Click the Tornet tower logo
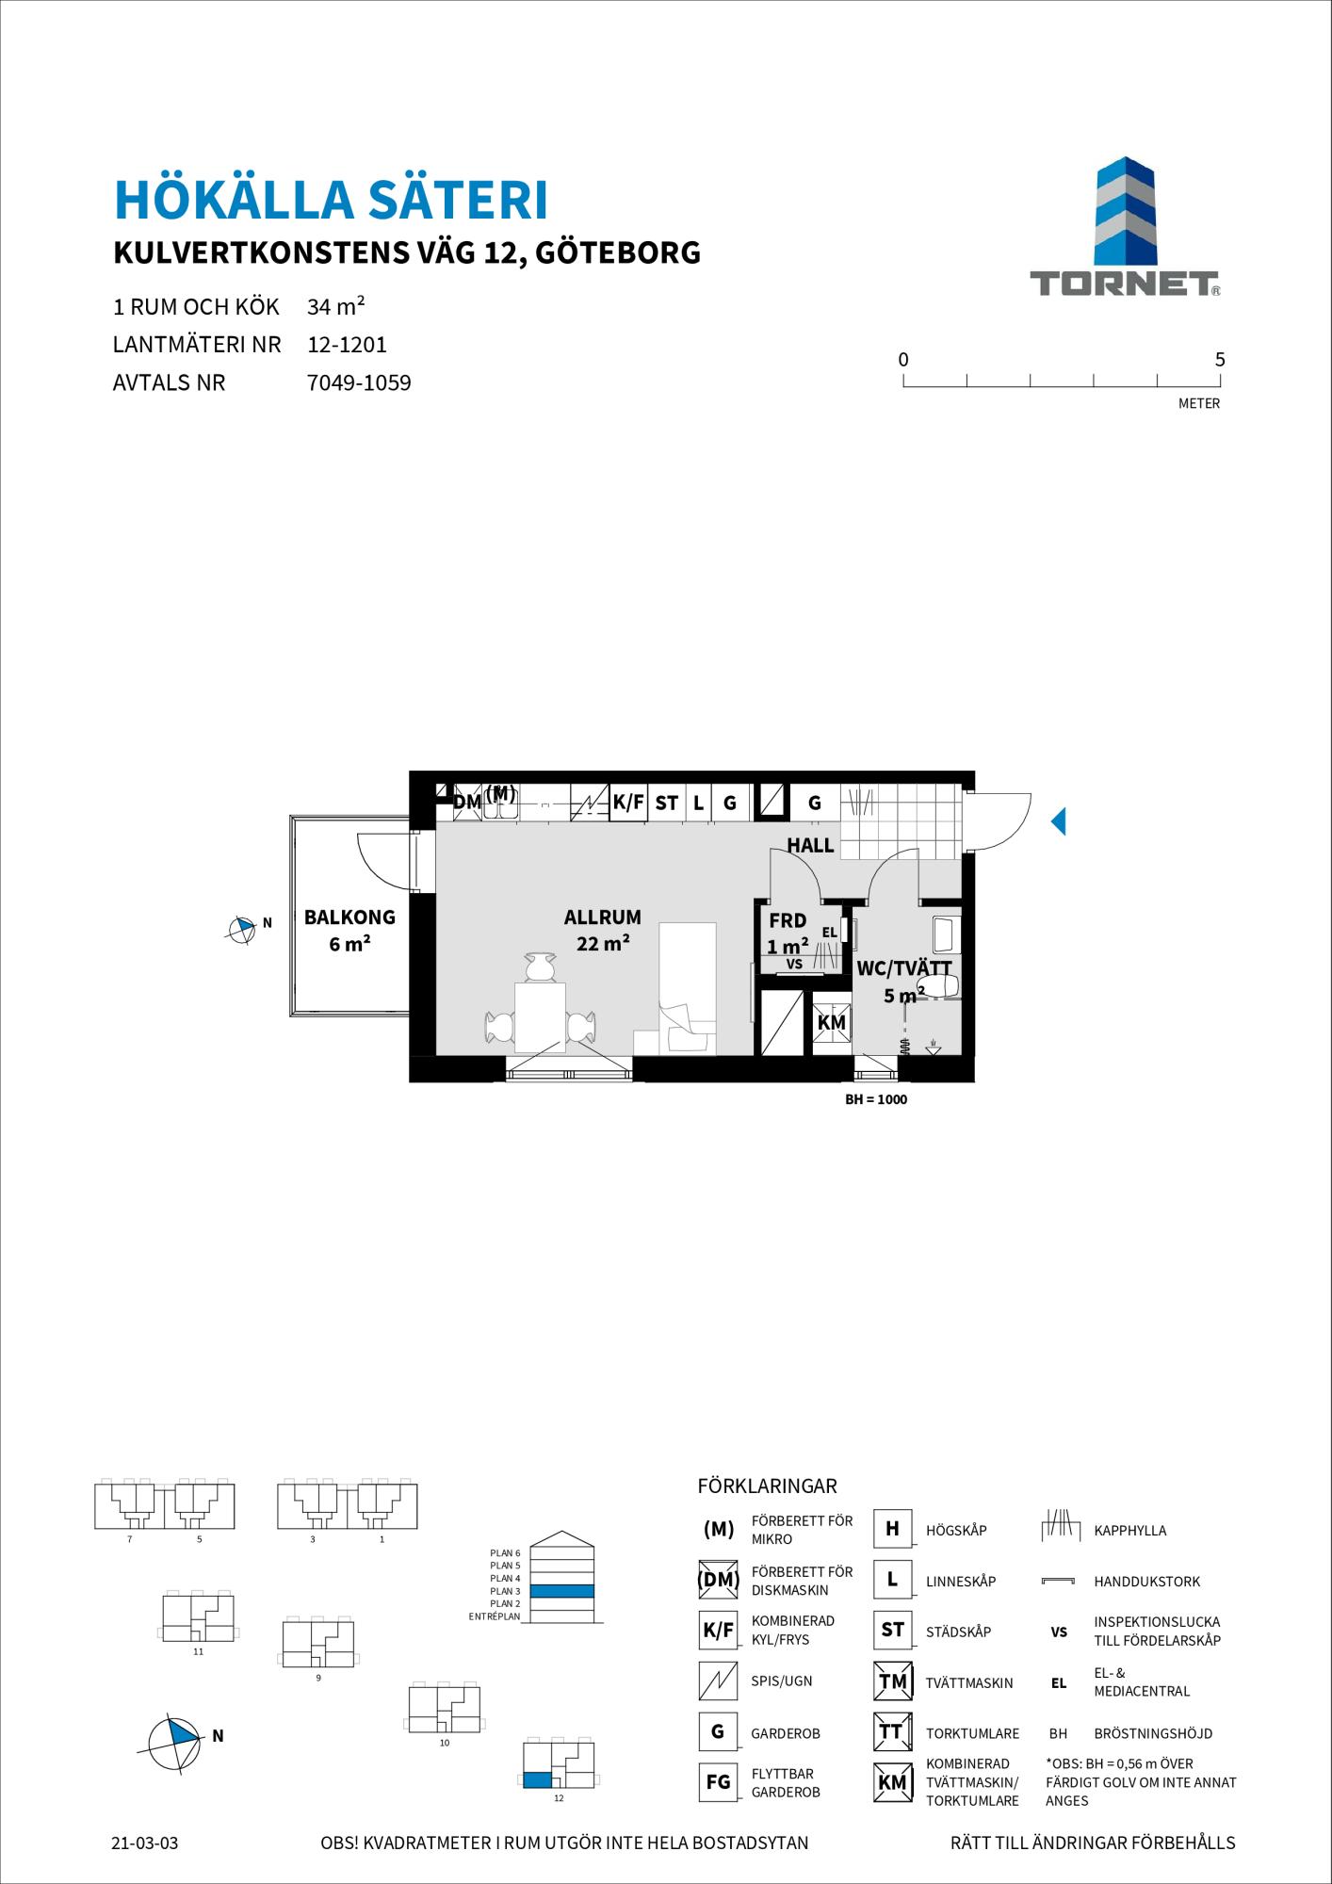pos(1125,212)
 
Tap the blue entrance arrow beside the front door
pos(1058,821)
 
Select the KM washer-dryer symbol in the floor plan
pos(832,1022)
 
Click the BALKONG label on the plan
pos(349,917)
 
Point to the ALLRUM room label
pos(603,917)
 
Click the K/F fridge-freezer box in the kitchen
pos(627,803)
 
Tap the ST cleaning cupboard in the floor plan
pos(666,803)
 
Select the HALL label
pos(811,845)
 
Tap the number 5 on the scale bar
pos(1220,359)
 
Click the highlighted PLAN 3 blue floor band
pos(561,1591)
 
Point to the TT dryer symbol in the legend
pos(892,1731)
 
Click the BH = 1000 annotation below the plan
pos(876,1099)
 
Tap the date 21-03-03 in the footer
pos(144,1843)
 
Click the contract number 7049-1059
pos(360,383)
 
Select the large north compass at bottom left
pos(175,1736)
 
